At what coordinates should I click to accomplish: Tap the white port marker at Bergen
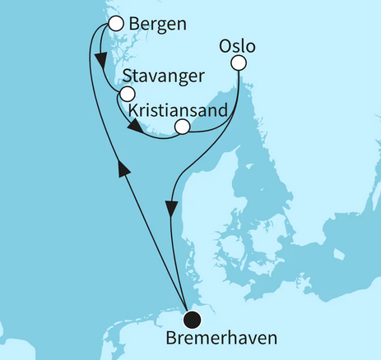[116, 23]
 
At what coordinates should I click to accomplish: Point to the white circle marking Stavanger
[126, 95]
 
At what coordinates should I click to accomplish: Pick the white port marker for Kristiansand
[183, 127]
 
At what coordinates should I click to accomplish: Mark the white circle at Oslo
[239, 62]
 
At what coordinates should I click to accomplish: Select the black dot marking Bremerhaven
[193, 320]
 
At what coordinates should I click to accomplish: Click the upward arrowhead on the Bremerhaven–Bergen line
[123, 168]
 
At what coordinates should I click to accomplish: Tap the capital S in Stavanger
[125, 76]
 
